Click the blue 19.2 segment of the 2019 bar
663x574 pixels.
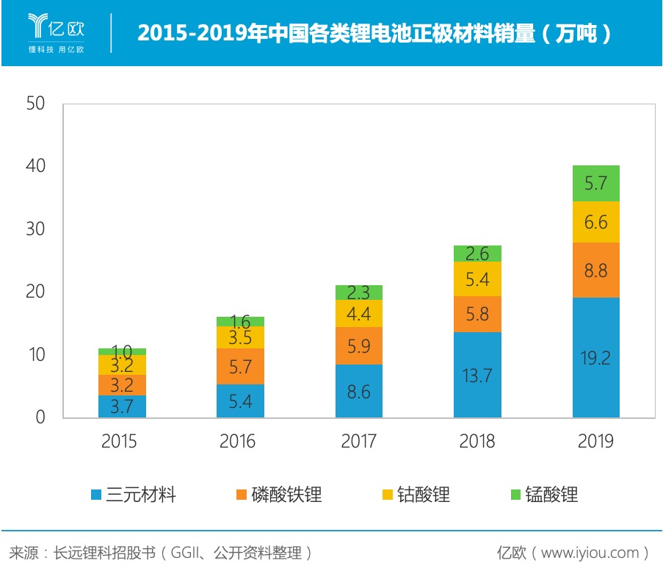[x=595, y=357]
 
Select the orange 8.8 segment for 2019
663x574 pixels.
[x=595, y=270]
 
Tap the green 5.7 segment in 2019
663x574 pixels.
[x=595, y=183]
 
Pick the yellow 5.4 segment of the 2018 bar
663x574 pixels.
[x=477, y=279]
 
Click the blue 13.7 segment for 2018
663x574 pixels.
[x=477, y=375]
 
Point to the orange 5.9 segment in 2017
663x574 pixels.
[x=359, y=345]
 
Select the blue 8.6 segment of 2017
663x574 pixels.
[x=359, y=391]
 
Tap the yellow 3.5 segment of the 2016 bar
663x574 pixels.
[x=240, y=337]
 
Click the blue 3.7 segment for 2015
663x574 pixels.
[x=122, y=406]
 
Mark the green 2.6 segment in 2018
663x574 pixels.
[x=477, y=254]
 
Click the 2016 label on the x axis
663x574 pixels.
[x=237, y=441]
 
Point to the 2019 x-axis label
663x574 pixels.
[x=595, y=441]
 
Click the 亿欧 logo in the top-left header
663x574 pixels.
[x=57, y=33]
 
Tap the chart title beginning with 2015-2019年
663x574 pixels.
[x=374, y=34]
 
